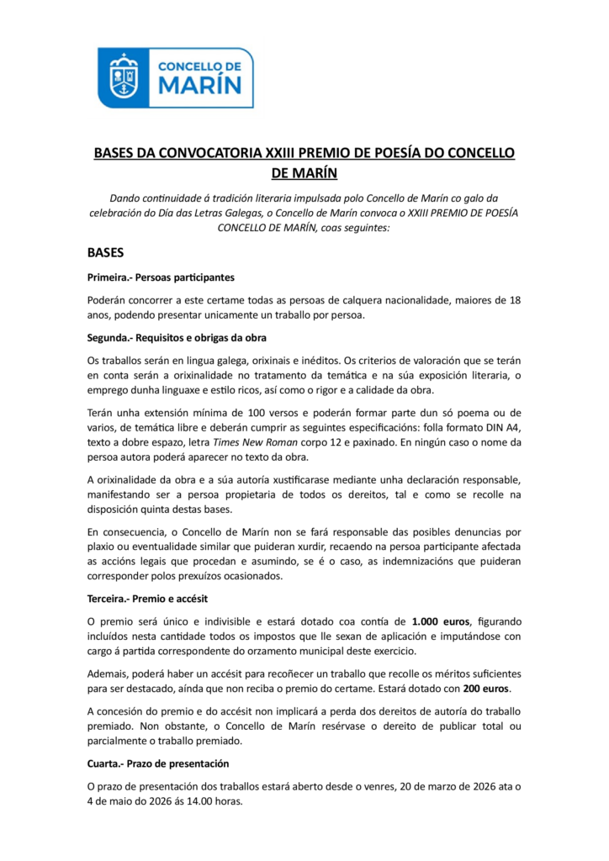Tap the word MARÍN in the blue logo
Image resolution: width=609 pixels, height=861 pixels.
click(200, 84)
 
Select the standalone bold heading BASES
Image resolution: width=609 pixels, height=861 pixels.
click(106, 252)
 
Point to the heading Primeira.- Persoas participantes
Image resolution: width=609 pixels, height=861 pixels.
click(161, 277)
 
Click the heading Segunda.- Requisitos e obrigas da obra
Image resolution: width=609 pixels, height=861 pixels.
click(177, 338)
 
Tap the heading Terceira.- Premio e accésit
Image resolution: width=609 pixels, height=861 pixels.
click(147, 599)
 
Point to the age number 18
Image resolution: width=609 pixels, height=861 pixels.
click(515, 300)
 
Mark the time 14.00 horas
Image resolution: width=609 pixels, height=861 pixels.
click(216, 800)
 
